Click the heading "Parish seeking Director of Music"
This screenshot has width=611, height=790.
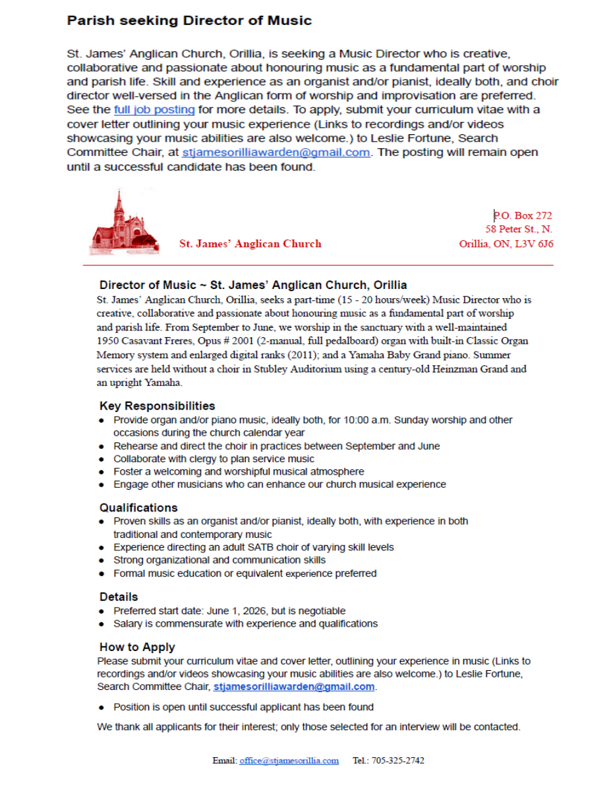pyautogui.click(x=189, y=20)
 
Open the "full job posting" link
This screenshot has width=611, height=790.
pyautogui.click(x=154, y=109)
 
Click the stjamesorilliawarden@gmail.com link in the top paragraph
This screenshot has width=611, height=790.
pyautogui.click(x=276, y=152)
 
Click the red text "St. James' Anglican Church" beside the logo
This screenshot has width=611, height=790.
pyautogui.click(x=250, y=244)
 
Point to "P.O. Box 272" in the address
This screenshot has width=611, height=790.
pyautogui.click(x=523, y=215)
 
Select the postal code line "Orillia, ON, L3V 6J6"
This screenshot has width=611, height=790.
pyautogui.click(x=506, y=244)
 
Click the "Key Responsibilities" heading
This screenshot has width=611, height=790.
pyautogui.click(x=157, y=406)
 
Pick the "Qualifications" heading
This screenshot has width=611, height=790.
pyautogui.click(x=138, y=508)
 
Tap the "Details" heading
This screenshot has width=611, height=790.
pyautogui.click(x=119, y=596)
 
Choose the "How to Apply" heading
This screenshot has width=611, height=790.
pyautogui.click(x=137, y=646)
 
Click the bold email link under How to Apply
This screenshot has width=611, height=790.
pyautogui.click(x=294, y=687)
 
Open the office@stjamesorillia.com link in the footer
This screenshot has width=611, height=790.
pyautogui.click(x=289, y=760)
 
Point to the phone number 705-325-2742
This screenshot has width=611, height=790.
pyautogui.click(x=398, y=760)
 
